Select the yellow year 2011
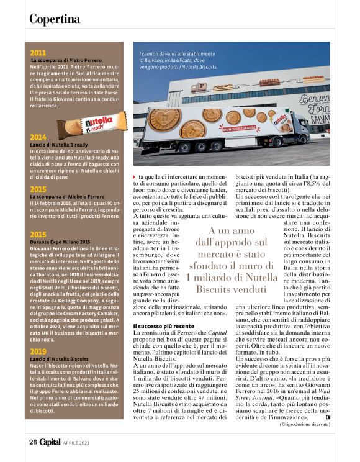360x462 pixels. point(38,53)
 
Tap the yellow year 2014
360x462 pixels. point(38,137)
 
